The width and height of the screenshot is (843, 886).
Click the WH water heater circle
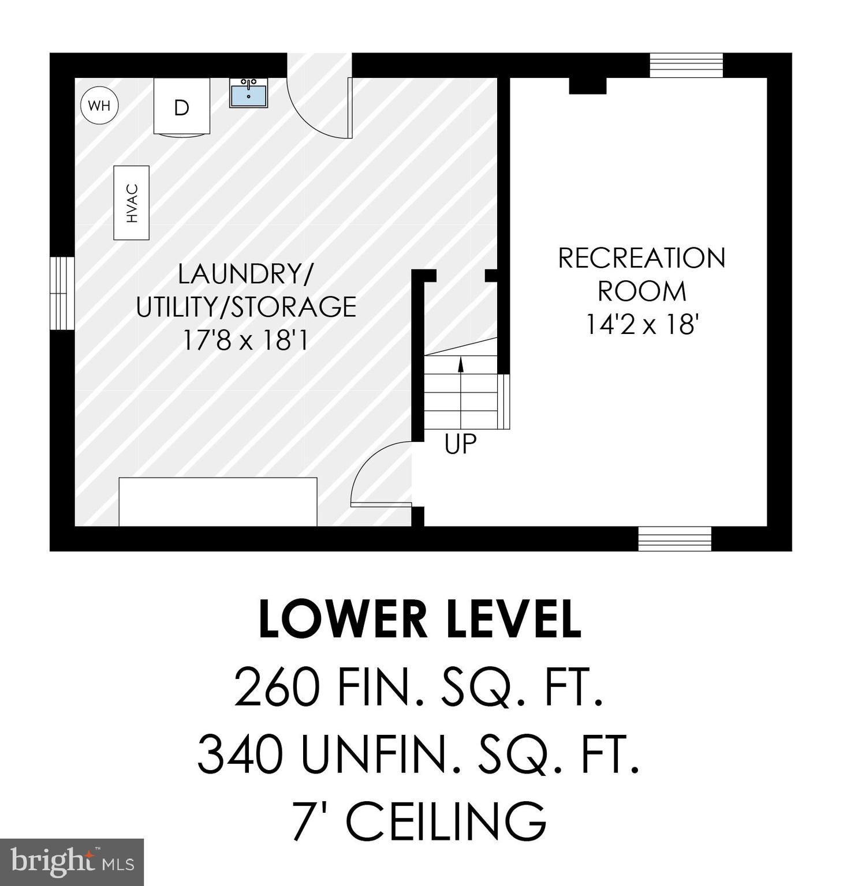99,106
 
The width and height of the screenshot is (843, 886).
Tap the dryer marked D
181,107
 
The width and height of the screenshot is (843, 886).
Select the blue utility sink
248,93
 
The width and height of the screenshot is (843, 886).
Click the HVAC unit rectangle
132,202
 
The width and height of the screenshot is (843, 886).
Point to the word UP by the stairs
461,444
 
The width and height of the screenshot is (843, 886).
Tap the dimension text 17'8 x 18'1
245,340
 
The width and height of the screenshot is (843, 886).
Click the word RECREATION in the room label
641,258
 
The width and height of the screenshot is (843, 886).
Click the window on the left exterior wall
62,293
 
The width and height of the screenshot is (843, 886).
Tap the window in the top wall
686,65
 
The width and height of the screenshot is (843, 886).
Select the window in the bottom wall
674,539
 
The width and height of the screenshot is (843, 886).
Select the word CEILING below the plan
445,820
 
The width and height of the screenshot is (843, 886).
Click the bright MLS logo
72,862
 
